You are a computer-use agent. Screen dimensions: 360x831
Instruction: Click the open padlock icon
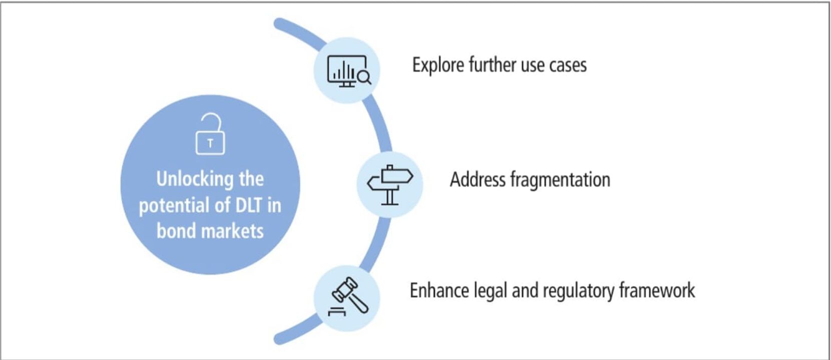click(210, 134)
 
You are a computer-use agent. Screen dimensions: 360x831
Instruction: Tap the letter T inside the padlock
click(210, 144)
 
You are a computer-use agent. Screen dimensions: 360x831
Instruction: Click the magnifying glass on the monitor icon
click(364, 77)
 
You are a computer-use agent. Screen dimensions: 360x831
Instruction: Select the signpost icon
click(390, 184)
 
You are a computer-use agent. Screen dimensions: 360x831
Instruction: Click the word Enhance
click(438, 291)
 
